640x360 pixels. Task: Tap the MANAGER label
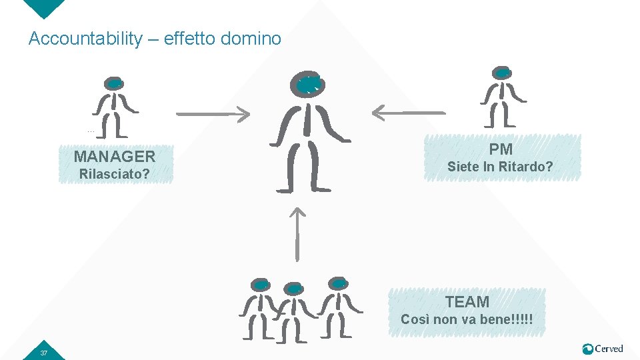click(115, 157)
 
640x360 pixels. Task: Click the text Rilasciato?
click(114, 175)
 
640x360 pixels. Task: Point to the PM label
click(501, 149)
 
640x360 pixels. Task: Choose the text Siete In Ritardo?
click(500, 167)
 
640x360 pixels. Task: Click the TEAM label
click(467, 302)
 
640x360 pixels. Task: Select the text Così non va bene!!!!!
click(467, 319)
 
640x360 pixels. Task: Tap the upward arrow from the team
click(297, 233)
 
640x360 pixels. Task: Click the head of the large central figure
click(308, 85)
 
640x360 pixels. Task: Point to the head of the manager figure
click(114, 83)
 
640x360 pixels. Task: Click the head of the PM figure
click(502, 73)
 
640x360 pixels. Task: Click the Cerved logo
click(603, 349)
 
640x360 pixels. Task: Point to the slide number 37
click(43, 352)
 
